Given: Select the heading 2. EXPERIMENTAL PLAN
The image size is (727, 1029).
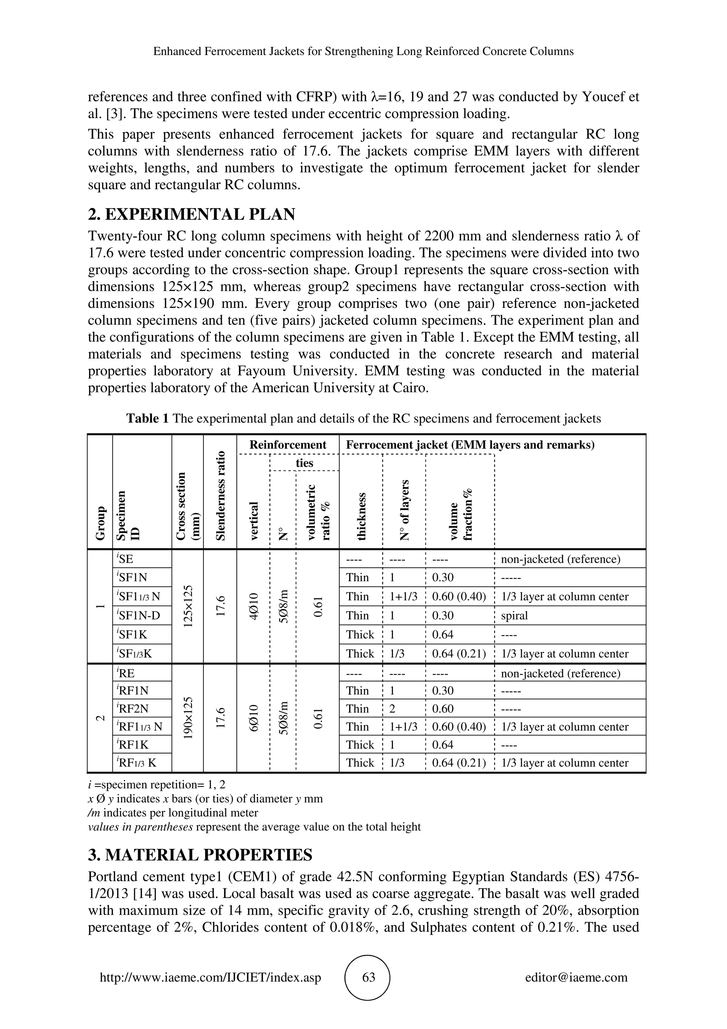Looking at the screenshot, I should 192,215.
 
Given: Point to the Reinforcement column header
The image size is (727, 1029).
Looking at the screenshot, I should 288,445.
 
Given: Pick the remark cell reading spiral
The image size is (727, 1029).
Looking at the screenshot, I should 514,616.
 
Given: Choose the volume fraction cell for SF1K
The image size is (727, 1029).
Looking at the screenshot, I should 443,635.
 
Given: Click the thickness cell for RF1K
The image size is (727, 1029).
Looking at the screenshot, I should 360,745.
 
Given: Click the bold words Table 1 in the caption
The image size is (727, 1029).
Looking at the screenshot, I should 147,419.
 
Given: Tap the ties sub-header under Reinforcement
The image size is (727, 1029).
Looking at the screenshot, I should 304,463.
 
